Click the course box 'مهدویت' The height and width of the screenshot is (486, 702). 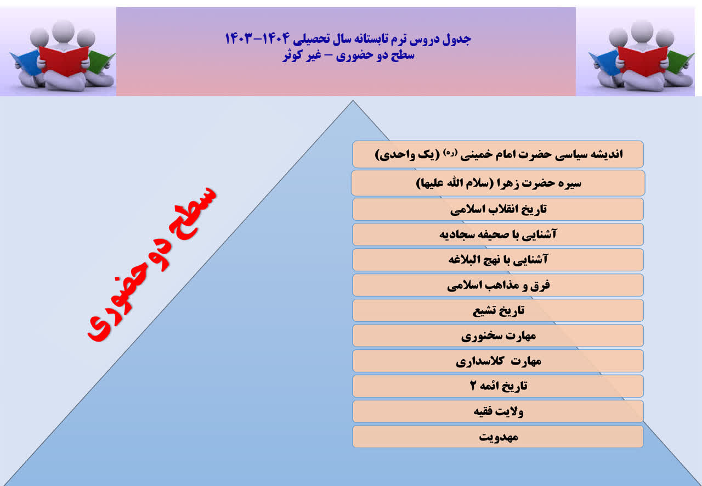[x=498, y=437]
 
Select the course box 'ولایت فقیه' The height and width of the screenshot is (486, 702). [x=498, y=411]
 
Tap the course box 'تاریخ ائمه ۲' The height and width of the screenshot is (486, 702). [x=498, y=386]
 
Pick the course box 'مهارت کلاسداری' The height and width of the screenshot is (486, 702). [x=498, y=361]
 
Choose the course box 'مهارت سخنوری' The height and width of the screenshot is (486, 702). [x=498, y=336]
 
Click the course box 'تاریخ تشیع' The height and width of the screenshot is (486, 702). [x=498, y=310]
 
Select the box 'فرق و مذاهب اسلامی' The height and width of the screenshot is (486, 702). [x=498, y=285]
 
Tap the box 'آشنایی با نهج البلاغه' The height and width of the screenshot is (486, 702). [x=498, y=260]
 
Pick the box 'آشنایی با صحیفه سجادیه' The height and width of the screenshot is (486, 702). [x=498, y=234]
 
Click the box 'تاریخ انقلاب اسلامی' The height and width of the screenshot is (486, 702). [x=498, y=209]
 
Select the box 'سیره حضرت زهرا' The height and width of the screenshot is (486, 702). [x=498, y=183]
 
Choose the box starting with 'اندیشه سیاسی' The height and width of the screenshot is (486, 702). [x=498, y=154]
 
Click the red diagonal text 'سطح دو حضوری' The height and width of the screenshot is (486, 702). [x=152, y=264]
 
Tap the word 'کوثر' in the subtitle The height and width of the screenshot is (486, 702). [x=293, y=55]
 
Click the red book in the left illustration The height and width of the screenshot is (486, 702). [x=64, y=60]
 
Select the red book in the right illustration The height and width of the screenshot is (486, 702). [x=642, y=60]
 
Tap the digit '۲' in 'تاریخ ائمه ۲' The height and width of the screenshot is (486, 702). [x=473, y=386]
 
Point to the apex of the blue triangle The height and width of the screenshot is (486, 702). [x=353, y=100]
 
